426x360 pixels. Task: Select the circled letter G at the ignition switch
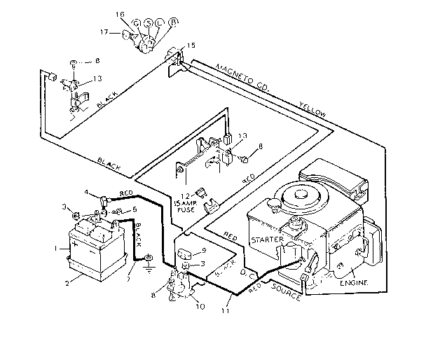(136, 25)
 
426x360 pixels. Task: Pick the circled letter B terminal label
(173, 22)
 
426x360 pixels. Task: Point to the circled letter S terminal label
(148, 23)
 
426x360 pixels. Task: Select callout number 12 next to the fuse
(186, 195)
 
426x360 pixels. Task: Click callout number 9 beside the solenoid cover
(203, 250)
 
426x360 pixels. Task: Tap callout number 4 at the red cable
(87, 192)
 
